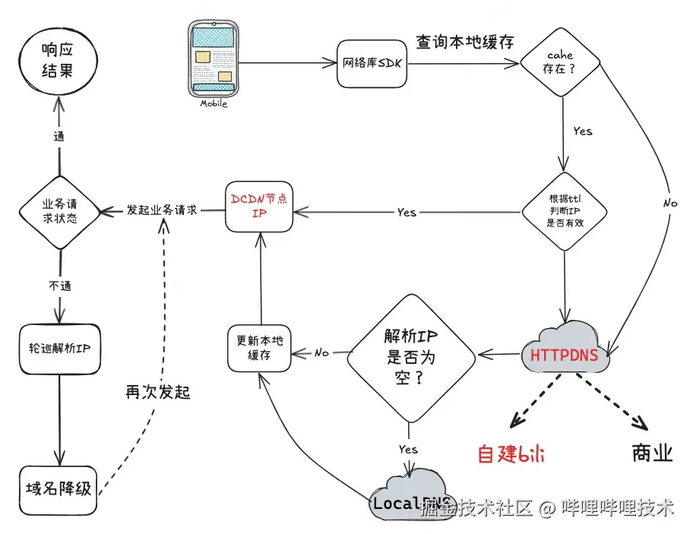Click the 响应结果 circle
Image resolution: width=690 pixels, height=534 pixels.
pyautogui.click(x=59, y=63)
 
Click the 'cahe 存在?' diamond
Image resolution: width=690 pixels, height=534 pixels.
pyautogui.click(x=562, y=64)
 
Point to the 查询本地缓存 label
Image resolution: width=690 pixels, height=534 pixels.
pyautogui.click(x=464, y=42)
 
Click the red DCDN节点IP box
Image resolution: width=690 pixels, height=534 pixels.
pyautogui.click(x=258, y=206)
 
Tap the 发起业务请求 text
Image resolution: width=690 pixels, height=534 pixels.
pyautogui.click(x=162, y=210)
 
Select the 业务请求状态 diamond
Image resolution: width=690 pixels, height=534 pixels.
pyautogui.click(x=59, y=210)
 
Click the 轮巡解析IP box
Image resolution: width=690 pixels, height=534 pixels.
pyautogui.click(x=59, y=349)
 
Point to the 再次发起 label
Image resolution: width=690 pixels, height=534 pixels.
pyautogui.click(x=157, y=392)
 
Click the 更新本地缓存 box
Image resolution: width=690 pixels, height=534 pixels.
pyautogui.click(x=259, y=349)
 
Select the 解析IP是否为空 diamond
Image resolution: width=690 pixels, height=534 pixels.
pyautogui.click(x=410, y=354)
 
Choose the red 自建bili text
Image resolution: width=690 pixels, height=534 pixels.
pyautogui.click(x=511, y=454)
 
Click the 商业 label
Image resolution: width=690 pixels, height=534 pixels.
pyautogui.click(x=652, y=453)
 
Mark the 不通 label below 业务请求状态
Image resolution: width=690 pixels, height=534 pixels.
pyautogui.click(x=59, y=286)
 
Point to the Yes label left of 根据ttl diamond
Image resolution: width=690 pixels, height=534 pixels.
pyautogui.click(x=407, y=213)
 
